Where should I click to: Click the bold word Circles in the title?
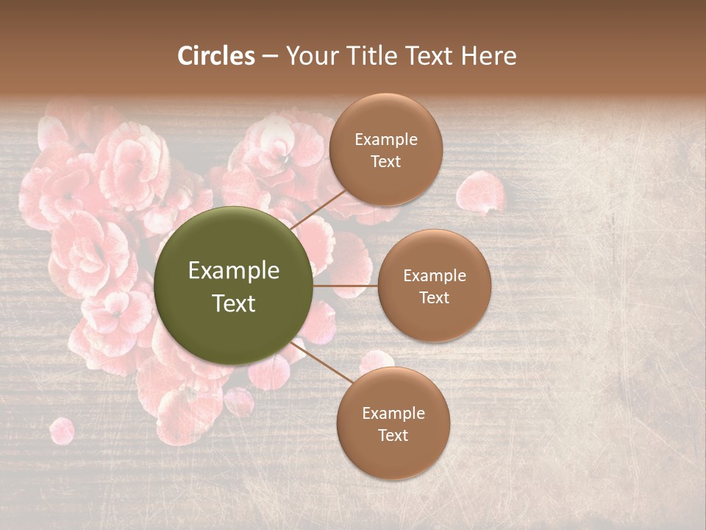click(216, 56)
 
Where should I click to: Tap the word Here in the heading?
click(488, 56)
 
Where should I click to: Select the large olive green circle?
click(234, 286)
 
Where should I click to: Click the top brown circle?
click(386, 149)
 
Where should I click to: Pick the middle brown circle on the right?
click(435, 286)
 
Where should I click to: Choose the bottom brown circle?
click(393, 423)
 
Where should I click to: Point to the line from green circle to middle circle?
click(346, 286)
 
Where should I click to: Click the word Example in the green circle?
click(234, 271)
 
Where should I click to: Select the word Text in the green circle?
click(234, 303)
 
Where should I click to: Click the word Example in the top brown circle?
click(386, 140)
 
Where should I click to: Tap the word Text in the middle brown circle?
click(435, 298)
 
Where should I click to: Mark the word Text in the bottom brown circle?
click(393, 436)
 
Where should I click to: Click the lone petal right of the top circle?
click(479, 191)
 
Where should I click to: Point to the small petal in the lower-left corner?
click(62, 431)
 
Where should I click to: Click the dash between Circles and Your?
click(270, 57)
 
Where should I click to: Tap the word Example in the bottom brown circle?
click(393, 414)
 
